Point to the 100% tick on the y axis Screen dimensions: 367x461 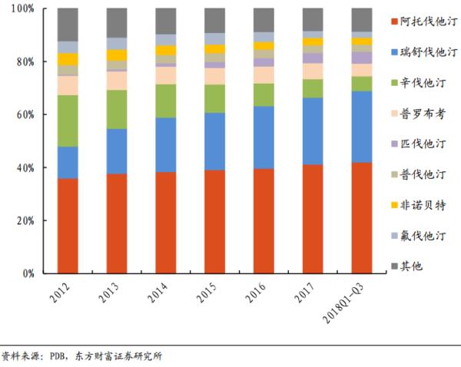coord(22,8)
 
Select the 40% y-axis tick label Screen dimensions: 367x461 coord(25,168)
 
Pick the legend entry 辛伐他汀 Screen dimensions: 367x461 coord(424,81)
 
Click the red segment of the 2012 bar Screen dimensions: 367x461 coord(68,226)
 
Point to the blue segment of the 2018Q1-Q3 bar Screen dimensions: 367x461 coord(362,127)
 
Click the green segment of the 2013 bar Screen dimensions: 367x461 coord(117,109)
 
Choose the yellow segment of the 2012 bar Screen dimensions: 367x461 coord(68,59)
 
